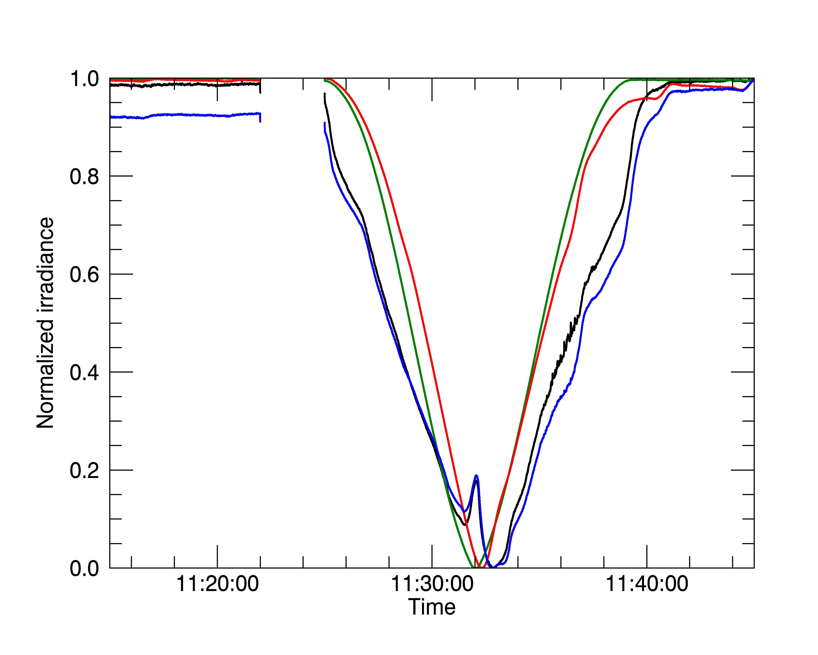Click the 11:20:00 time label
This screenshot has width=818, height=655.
point(217,584)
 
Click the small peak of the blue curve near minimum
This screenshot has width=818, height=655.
point(476,476)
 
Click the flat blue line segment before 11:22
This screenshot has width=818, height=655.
point(182,115)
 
